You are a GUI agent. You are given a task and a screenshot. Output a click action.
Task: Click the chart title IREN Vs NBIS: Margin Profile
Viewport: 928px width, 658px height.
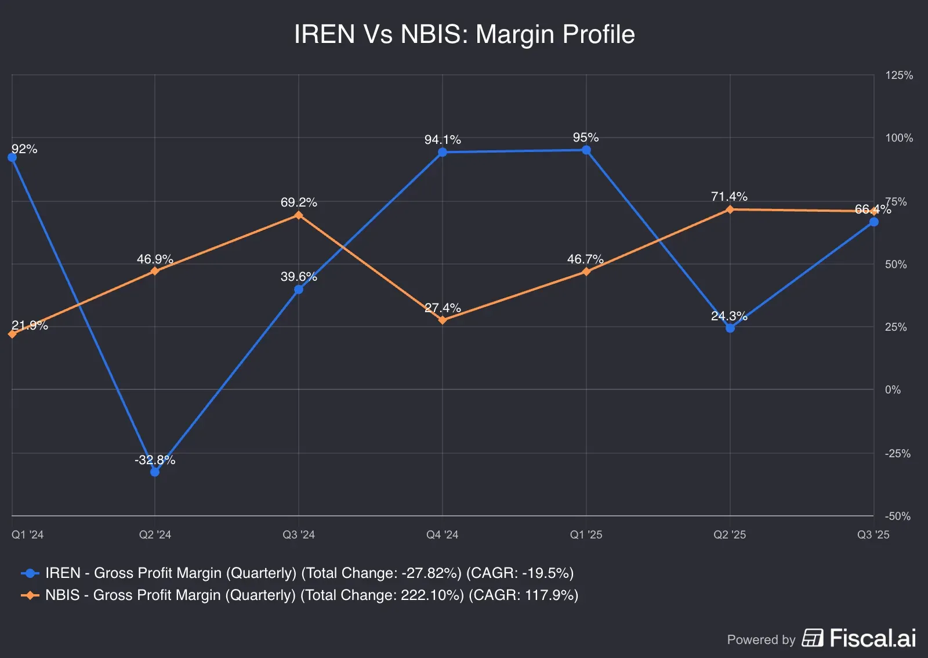point(464,34)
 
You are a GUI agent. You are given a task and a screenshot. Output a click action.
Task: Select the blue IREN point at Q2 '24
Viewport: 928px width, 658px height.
point(155,472)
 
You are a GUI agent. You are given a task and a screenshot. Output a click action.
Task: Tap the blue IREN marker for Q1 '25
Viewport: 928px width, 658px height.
point(586,150)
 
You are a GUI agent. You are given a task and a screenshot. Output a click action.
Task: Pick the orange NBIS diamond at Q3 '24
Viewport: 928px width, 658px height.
point(299,215)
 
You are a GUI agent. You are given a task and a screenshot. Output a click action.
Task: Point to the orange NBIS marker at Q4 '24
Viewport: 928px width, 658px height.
point(443,320)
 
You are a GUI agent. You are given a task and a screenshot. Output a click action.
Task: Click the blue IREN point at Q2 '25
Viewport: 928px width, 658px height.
point(730,328)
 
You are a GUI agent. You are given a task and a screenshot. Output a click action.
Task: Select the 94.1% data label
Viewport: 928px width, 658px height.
point(443,140)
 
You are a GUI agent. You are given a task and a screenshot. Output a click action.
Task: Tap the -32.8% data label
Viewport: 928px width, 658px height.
point(155,460)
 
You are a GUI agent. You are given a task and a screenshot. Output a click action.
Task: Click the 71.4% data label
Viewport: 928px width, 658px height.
point(729,197)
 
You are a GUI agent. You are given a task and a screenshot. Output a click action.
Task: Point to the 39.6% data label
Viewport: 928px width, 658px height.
point(299,277)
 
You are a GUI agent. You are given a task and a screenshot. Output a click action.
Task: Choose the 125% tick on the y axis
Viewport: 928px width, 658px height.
point(898,75)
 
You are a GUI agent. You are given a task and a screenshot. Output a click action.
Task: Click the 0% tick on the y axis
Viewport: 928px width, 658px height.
point(893,390)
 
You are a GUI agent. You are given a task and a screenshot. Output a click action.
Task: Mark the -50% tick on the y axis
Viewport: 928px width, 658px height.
point(897,516)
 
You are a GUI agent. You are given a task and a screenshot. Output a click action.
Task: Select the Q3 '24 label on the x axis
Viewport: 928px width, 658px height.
point(299,534)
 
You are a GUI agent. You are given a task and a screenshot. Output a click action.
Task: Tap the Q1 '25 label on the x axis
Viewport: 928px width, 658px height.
point(586,534)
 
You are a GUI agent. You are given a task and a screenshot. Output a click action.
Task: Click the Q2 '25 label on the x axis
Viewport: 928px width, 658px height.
point(730,534)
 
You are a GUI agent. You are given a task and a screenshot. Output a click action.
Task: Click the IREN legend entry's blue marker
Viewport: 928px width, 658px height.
point(30,573)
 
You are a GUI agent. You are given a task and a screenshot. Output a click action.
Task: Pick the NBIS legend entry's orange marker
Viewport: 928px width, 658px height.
point(30,595)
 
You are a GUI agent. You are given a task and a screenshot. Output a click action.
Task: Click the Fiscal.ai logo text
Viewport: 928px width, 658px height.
point(872,638)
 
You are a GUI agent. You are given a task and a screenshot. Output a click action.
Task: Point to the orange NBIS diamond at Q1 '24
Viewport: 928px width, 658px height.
point(12,334)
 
